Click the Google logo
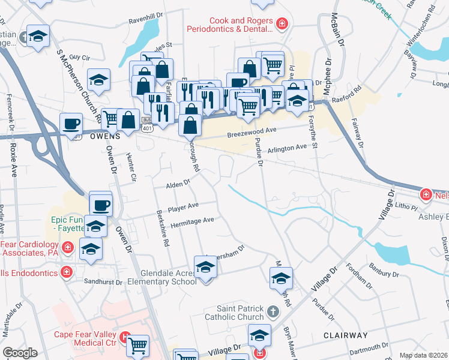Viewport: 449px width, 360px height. click(20, 353)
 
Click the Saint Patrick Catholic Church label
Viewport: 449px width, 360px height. click(234, 312)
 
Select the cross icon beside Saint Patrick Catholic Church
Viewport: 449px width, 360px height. click(273, 312)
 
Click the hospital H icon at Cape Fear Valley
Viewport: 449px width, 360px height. click(125, 337)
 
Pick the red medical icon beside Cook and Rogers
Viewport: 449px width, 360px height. click(282, 24)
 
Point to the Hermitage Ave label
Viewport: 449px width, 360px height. click(192, 221)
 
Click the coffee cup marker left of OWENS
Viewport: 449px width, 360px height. click(71, 123)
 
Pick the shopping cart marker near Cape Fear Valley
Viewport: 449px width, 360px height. click(138, 345)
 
